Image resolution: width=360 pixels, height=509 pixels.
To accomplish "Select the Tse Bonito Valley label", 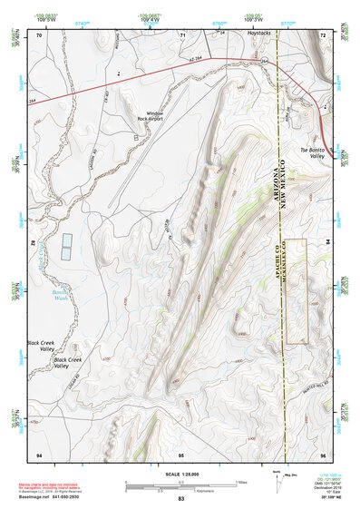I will [312, 152].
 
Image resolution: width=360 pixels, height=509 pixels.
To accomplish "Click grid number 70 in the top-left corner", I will [39, 34].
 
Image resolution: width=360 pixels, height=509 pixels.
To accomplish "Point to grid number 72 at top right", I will [323, 34].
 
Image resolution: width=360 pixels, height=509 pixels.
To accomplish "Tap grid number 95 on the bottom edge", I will [181, 453].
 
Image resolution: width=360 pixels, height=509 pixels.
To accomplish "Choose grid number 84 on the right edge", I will [327, 242].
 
